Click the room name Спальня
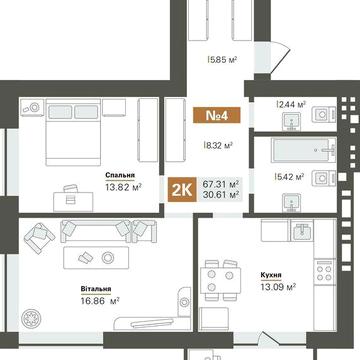(x=121, y=174)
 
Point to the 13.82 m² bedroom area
(x=121, y=187)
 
